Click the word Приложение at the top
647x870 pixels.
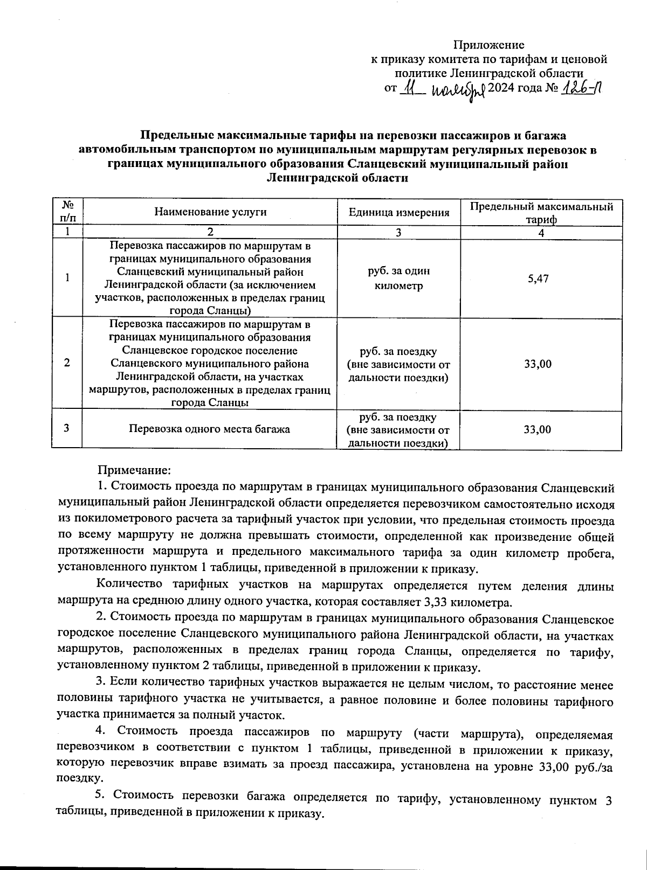tap(488, 45)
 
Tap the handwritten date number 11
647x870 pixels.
tap(411, 88)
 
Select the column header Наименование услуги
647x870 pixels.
tap(210, 212)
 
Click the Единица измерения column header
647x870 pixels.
tap(399, 212)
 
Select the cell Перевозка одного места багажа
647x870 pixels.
tap(210, 429)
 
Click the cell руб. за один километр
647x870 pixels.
tap(399, 278)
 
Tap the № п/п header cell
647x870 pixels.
tap(67, 212)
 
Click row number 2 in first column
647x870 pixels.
tap(67, 363)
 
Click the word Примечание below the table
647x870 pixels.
tap(134, 470)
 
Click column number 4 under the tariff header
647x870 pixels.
tap(541, 233)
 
